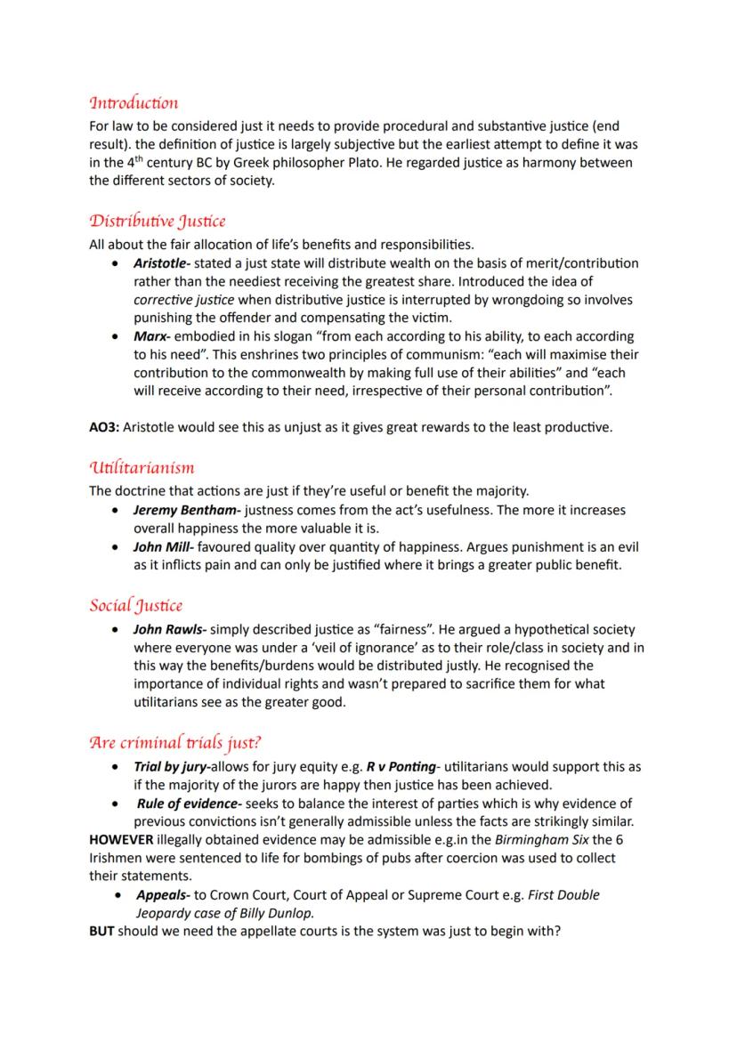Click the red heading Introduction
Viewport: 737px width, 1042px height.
(x=134, y=103)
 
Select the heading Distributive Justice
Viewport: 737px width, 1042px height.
(x=158, y=222)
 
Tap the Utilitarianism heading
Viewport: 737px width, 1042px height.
(x=142, y=467)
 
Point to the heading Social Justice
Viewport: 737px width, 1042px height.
(x=135, y=606)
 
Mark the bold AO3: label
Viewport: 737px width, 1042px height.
(x=104, y=427)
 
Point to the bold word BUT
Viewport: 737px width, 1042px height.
(x=102, y=932)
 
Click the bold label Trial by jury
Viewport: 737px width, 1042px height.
(x=167, y=766)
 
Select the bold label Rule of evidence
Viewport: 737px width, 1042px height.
(x=182, y=804)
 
